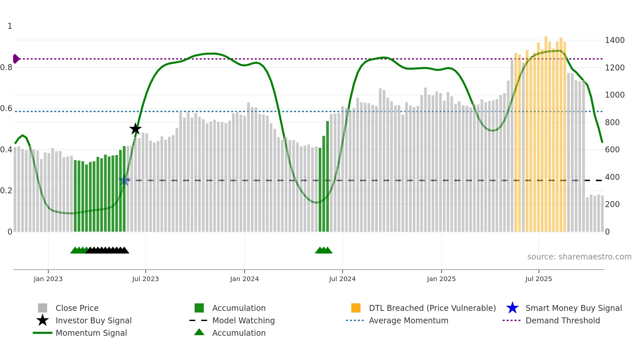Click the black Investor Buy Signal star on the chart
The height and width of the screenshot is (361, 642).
(x=135, y=129)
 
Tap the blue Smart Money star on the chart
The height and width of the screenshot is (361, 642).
(x=124, y=180)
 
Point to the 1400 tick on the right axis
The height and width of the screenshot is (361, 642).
(x=614, y=40)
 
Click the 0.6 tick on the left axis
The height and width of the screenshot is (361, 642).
(x=6, y=108)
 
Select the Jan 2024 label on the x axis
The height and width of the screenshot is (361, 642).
(x=244, y=279)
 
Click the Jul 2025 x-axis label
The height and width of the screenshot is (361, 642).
(x=538, y=279)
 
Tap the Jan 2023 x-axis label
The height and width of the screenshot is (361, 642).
(x=48, y=279)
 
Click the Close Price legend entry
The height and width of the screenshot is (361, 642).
(x=77, y=308)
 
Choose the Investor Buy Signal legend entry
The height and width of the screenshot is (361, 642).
(x=93, y=320)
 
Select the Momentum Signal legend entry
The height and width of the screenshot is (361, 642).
(x=91, y=333)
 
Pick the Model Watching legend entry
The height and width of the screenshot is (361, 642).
(x=243, y=320)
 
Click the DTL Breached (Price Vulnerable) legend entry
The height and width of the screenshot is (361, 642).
(x=432, y=308)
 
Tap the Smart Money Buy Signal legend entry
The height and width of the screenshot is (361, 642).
(x=573, y=308)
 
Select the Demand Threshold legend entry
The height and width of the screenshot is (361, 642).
(x=562, y=320)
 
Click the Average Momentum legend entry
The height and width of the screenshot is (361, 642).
(x=408, y=320)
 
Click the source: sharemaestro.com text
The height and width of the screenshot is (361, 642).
(x=579, y=257)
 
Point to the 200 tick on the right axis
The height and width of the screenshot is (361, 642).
(x=612, y=204)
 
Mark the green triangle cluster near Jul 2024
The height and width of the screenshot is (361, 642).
(x=324, y=250)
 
